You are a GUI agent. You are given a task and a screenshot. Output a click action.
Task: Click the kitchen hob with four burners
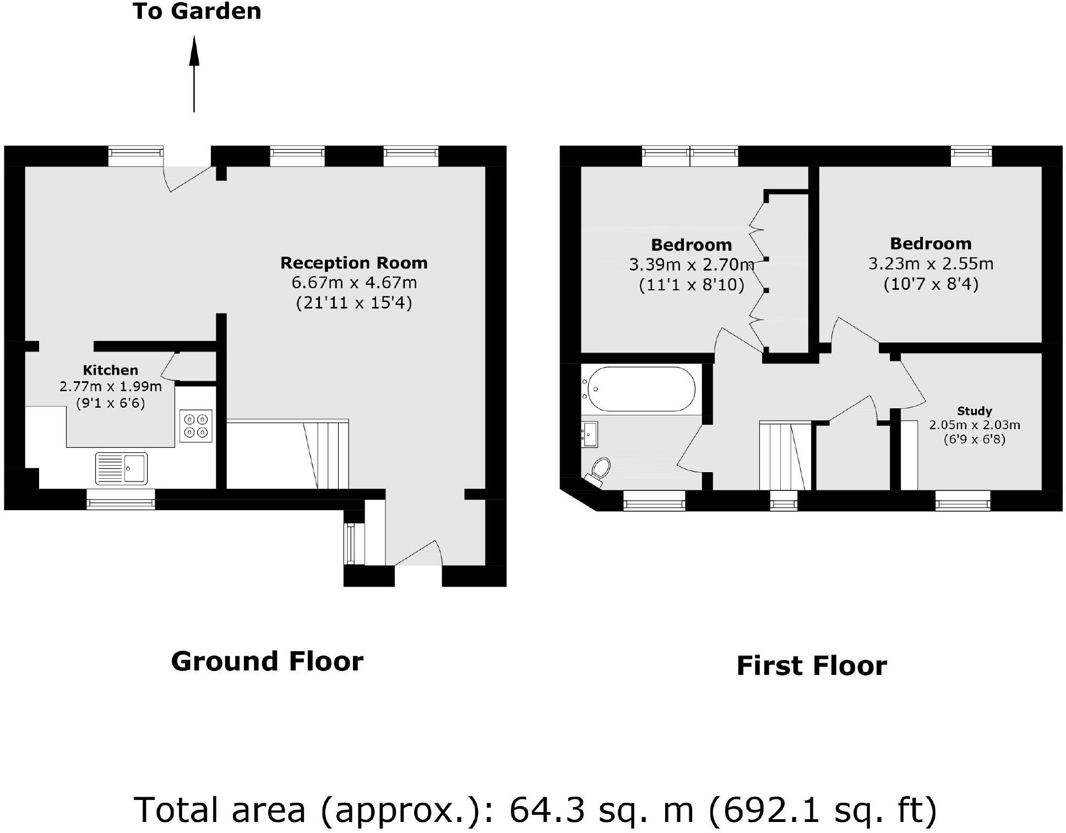coord(196,426)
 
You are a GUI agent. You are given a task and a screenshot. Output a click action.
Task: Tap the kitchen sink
coord(122,468)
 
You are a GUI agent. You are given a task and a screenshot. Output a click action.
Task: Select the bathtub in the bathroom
coord(641,389)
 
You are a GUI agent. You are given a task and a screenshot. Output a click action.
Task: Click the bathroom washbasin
coord(590,435)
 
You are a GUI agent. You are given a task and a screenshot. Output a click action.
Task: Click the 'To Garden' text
coord(197,12)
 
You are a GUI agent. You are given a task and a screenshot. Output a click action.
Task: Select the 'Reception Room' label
coord(353,263)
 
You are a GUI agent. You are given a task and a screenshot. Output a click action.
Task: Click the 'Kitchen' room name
coord(110,370)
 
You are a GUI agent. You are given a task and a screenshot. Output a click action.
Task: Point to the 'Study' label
coord(974,411)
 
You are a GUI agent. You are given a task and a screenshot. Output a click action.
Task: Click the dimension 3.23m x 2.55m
coord(931,264)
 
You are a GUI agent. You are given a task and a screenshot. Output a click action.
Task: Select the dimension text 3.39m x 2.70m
coord(690,265)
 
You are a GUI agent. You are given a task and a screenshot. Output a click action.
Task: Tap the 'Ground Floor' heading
coord(267,661)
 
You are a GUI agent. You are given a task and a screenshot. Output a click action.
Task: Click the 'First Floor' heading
coord(811,666)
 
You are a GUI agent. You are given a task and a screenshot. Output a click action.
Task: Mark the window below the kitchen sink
coord(121,500)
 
